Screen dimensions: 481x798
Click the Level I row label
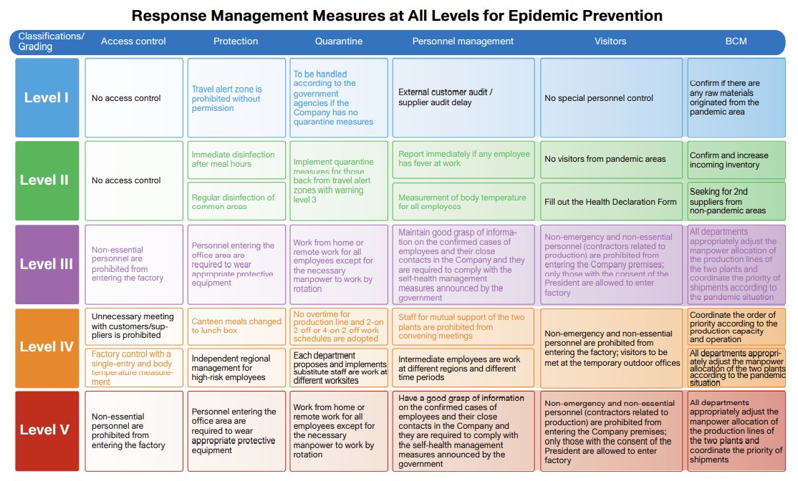[47, 98]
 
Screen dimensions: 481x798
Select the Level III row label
[47, 264]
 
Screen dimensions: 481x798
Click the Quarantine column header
[339, 42]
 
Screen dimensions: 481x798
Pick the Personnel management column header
[463, 42]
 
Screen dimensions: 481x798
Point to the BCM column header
[736, 42]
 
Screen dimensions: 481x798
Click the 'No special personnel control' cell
[610, 98]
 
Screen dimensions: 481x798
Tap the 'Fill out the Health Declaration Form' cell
[610, 202]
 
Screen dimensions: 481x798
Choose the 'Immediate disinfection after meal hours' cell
[236, 160]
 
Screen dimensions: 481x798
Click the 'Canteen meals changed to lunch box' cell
[236, 326]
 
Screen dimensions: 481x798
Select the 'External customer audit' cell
[463, 98]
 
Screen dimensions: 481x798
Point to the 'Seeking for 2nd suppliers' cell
[736, 201]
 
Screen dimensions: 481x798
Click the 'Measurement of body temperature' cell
[463, 202]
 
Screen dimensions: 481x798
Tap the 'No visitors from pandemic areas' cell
[610, 160]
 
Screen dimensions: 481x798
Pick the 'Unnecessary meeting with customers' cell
[133, 326]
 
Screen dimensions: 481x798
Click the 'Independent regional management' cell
[236, 367]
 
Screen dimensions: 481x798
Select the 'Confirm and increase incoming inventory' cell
[736, 160]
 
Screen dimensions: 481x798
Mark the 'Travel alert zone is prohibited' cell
[236, 98]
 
